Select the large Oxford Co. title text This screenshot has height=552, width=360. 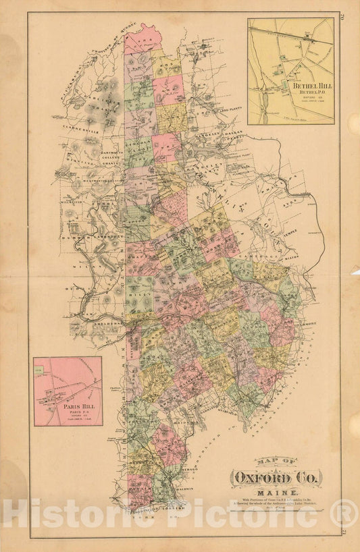pos(277,478)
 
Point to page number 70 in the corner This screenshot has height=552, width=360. pos(345,17)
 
